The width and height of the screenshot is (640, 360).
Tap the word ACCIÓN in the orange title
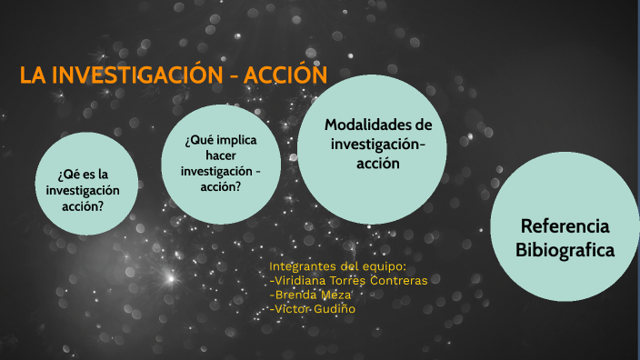click(281, 76)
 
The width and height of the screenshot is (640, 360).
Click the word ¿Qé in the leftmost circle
click(70, 174)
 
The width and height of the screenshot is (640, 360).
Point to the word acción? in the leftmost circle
click(83, 205)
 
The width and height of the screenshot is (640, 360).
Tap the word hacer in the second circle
click(221, 155)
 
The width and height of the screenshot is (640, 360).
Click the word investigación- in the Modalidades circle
click(377, 144)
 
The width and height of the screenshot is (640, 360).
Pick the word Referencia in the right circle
click(565, 226)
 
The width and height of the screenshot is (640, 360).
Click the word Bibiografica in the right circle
click(565, 249)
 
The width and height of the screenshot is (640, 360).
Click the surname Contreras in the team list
click(398, 280)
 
